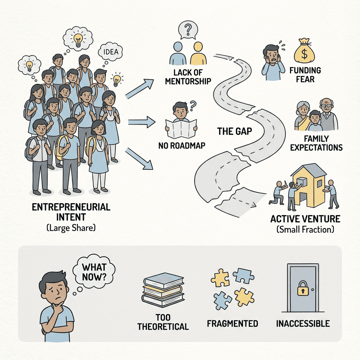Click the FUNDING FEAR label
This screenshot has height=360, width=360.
(305, 75)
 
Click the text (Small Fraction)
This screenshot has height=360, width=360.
(305, 230)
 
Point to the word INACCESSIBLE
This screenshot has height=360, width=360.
(303, 323)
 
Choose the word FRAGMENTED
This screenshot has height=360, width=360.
(232, 323)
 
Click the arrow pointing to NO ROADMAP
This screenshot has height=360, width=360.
(141, 123)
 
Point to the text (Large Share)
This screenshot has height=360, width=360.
(71, 228)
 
